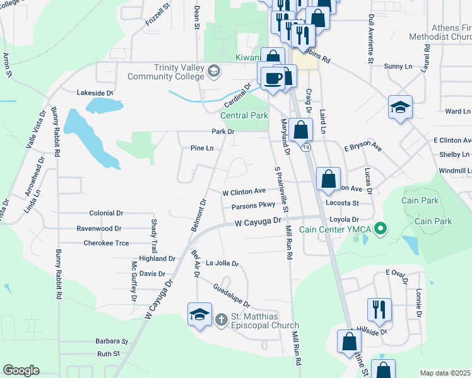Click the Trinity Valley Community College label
coord(167,72)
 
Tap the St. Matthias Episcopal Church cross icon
coord(221,319)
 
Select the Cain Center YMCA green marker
coord(380,228)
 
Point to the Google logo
coord(20,370)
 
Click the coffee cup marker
coord(273,77)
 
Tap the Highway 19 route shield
coord(306,147)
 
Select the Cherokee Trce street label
coord(106,243)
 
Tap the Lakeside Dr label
coord(95,93)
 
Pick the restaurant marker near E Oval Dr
coord(379,309)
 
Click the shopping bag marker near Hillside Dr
coord(349,342)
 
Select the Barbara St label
coord(112,341)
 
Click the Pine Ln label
coord(202,148)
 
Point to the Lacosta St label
coord(341,203)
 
